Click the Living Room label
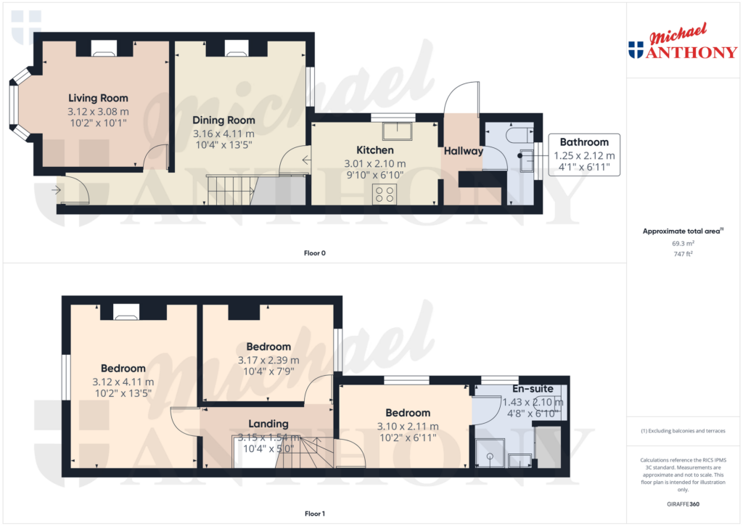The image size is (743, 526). [98, 98]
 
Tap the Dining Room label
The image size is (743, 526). [223, 120]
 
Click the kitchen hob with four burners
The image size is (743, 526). [385, 194]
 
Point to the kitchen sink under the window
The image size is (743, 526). [398, 131]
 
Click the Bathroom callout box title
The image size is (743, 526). [584, 142]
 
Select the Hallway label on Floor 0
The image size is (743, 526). [464, 151]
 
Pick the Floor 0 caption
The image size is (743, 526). [315, 253]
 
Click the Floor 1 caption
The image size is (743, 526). [315, 514]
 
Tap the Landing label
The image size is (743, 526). [268, 424]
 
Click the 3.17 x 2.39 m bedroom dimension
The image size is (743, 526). [268, 360]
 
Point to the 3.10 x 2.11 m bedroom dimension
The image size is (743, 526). [408, 427]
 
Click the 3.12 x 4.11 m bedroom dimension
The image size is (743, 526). [123, 382]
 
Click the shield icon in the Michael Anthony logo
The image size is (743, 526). [636, 50]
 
